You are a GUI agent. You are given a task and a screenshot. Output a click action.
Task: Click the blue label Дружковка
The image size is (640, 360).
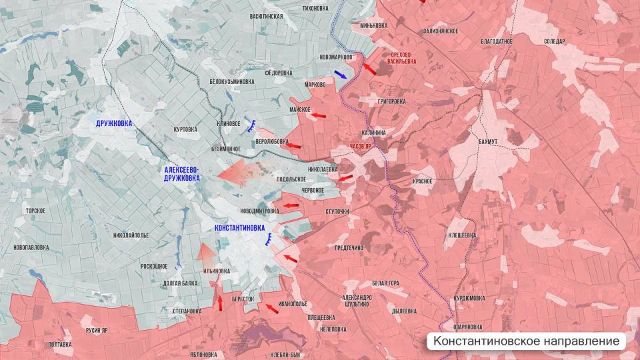click(114, 123)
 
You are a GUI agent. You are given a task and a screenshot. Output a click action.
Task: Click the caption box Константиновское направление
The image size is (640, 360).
click(527, 341)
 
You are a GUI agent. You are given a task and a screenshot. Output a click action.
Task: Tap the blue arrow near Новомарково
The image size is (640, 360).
click(340, 75)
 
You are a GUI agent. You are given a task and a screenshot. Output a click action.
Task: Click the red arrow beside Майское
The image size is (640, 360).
click(321, 115)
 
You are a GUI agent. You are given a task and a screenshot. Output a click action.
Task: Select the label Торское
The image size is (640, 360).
click(35, 211)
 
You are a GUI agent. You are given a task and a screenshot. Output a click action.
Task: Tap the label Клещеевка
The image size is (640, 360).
click(461, 235)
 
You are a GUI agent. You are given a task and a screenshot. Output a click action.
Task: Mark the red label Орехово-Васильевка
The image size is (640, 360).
click(401, 57)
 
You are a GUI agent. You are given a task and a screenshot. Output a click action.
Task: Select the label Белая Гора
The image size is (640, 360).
click(385, 283)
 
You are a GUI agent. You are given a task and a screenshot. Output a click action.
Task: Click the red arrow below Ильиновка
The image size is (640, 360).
click(219, 303)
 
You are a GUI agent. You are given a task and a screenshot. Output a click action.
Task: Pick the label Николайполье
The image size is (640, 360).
click(131, 235)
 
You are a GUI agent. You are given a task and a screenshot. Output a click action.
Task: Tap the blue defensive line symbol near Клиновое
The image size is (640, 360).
click(253, 124)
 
